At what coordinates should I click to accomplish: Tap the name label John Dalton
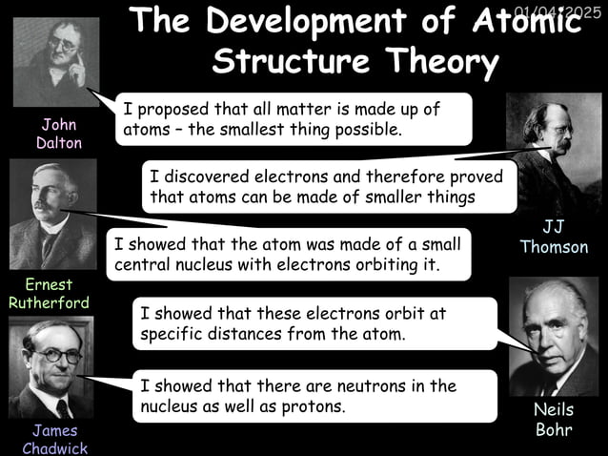tap(59, 134)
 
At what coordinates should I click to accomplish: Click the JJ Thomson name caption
tap(554, 237)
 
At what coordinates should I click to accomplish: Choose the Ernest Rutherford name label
tap(49, 293)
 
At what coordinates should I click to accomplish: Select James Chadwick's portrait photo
tap(51, 368)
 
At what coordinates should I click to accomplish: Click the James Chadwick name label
tap(54, 439)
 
